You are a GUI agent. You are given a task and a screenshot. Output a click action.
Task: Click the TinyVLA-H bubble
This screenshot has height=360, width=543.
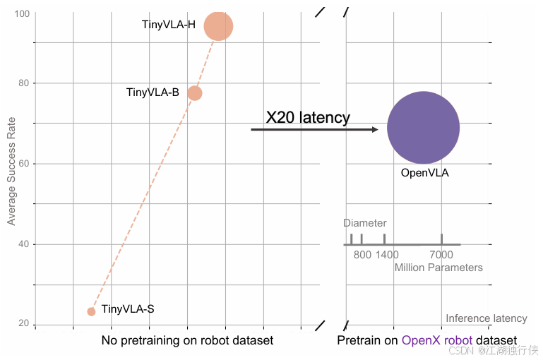(218, 26)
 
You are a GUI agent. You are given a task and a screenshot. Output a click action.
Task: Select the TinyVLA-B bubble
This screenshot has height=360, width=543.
(195, 92)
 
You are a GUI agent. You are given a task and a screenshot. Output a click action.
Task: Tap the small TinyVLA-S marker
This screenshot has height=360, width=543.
(91, 311)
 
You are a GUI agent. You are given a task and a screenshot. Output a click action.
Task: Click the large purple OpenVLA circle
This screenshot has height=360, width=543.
(423, 127)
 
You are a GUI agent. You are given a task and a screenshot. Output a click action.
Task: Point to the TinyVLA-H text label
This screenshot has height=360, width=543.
(169, 25)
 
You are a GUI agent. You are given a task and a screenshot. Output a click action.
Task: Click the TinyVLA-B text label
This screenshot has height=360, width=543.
(153, 92)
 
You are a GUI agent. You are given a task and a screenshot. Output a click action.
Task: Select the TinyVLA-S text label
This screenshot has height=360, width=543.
(128, 308)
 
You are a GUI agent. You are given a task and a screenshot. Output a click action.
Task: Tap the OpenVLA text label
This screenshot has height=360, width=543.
(424, 172)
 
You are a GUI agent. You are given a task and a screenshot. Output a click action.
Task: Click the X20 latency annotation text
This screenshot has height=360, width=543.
(308, 117)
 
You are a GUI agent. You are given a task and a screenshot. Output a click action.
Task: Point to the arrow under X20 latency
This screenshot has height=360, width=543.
(315, 130)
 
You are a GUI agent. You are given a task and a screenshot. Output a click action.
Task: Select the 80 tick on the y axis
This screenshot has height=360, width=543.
(24, 83)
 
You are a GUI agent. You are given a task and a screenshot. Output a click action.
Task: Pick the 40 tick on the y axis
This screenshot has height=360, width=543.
(24, 244)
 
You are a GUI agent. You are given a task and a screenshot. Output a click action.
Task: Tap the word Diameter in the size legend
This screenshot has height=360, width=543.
(365, 223)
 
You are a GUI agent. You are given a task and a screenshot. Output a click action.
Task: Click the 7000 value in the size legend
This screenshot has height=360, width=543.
(441, 255)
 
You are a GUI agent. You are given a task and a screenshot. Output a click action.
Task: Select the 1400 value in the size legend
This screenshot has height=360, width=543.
(387, 255)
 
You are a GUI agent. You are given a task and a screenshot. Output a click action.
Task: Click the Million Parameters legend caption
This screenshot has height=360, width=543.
(438, 268)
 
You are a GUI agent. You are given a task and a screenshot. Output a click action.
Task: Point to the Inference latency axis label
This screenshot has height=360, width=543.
(487, 318)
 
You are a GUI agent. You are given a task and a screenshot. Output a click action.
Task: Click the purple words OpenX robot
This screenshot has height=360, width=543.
(437, 341)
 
